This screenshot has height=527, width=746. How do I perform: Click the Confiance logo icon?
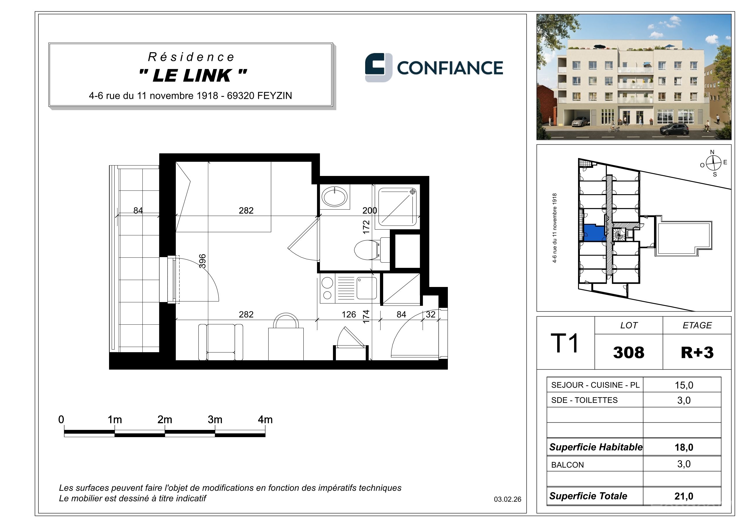click(379, 67)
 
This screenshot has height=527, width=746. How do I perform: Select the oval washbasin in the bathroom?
click(334, 197)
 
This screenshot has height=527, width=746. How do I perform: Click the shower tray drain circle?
click(413, 192)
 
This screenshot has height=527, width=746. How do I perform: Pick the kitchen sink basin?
click(367, 288)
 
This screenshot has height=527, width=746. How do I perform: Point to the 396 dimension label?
click(202, 261)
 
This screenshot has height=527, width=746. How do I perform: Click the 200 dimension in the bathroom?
click(370, 210)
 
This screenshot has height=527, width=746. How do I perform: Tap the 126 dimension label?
click(349, 314)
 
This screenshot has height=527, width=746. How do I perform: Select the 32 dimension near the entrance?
click(430, 314)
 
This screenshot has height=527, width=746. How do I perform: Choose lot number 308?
click(629, 352)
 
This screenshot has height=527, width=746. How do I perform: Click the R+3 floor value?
click(697, 352)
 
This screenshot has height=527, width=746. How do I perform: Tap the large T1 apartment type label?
click(565, 343)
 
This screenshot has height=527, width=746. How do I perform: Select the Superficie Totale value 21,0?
click(684, 496)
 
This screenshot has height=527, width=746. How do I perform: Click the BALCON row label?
click(567, 465)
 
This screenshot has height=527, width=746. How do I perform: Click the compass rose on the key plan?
click(714, 163)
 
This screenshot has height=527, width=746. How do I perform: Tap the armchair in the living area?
click(221, 342)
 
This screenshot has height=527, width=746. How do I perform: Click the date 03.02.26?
click(508, 499)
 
